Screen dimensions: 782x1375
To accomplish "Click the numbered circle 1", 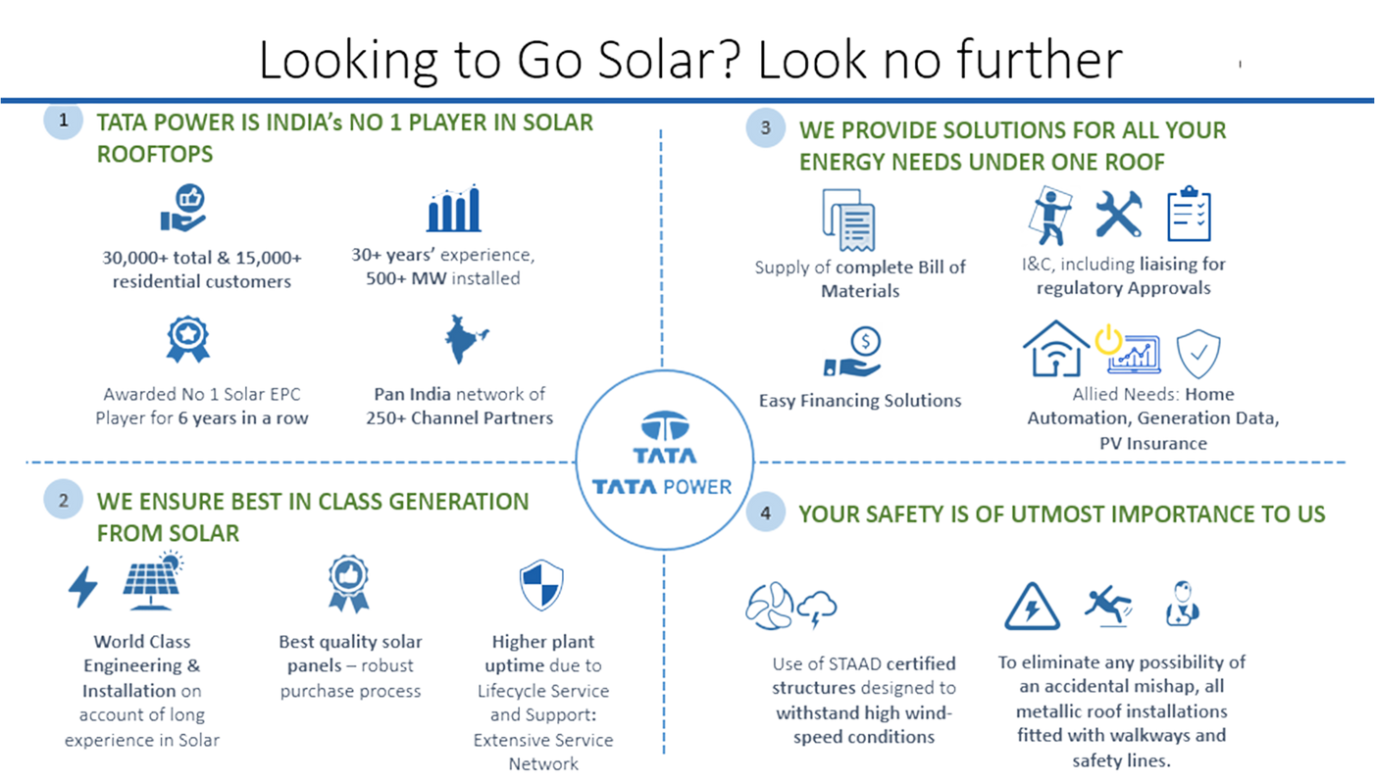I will tap(64, 122).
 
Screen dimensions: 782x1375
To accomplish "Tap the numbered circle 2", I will tap(64, 500).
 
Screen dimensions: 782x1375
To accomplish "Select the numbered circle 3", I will tap(765, 128).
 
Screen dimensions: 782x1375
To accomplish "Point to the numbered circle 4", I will tap(765, 513).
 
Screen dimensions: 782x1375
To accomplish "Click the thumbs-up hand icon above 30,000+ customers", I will tap(183, 210).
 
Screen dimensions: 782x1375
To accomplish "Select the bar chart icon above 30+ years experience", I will tap(453, 215).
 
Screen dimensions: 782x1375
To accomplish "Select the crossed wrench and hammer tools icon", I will tap(1117, 214).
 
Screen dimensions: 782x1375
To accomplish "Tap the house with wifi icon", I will tap(1055, 349).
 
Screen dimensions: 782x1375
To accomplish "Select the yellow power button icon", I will tap(1107, 341).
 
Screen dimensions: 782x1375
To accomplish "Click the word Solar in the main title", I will tap(673, 62).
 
